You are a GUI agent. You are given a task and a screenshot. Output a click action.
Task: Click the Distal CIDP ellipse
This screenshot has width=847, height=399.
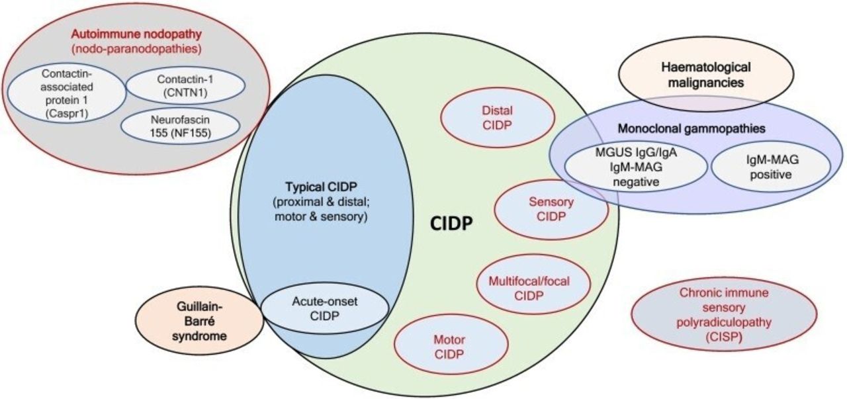pos(498,118)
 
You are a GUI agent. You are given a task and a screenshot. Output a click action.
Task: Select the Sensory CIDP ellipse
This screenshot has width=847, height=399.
pos(551,209)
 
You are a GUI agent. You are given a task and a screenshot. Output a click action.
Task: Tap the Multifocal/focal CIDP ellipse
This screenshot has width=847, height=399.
pos(533,285)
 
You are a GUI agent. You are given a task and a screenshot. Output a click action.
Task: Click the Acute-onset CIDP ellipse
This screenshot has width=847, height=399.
pos(325,308)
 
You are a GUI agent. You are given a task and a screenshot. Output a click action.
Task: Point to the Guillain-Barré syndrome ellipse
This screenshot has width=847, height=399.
pos(199,321)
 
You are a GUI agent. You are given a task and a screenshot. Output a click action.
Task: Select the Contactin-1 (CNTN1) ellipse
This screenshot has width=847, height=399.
pos(185,86)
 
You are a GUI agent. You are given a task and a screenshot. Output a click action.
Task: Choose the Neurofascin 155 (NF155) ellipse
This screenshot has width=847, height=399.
pos(181,126)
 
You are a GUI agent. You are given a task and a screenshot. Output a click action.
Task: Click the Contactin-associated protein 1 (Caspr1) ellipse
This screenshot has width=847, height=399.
pos(67,93)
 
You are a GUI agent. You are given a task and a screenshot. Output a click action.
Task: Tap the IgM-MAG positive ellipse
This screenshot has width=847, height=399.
pos(771,167)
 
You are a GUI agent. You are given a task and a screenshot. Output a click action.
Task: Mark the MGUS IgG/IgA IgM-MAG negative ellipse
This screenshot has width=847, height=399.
pos(636,167)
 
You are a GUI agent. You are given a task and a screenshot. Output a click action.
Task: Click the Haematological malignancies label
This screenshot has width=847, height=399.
pos(706,75)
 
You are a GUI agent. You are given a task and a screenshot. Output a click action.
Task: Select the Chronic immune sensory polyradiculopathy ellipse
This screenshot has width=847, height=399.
pos(724,315)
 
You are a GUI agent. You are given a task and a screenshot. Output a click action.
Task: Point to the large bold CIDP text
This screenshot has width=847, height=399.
pos(451,224)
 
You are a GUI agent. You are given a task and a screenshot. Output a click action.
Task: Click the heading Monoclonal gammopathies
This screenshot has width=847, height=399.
pos(691,128)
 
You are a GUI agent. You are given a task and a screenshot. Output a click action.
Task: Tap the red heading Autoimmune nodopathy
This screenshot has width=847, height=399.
pos(136,34)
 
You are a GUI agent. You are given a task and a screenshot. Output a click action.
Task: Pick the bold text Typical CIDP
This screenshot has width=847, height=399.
pos(321,187)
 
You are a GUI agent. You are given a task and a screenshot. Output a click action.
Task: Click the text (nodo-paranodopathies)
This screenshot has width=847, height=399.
pos(136,49)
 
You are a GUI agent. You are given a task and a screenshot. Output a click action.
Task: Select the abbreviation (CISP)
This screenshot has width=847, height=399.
pos(724,337)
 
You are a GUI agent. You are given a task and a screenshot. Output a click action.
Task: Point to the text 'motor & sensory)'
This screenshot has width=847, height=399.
pos(321,217)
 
